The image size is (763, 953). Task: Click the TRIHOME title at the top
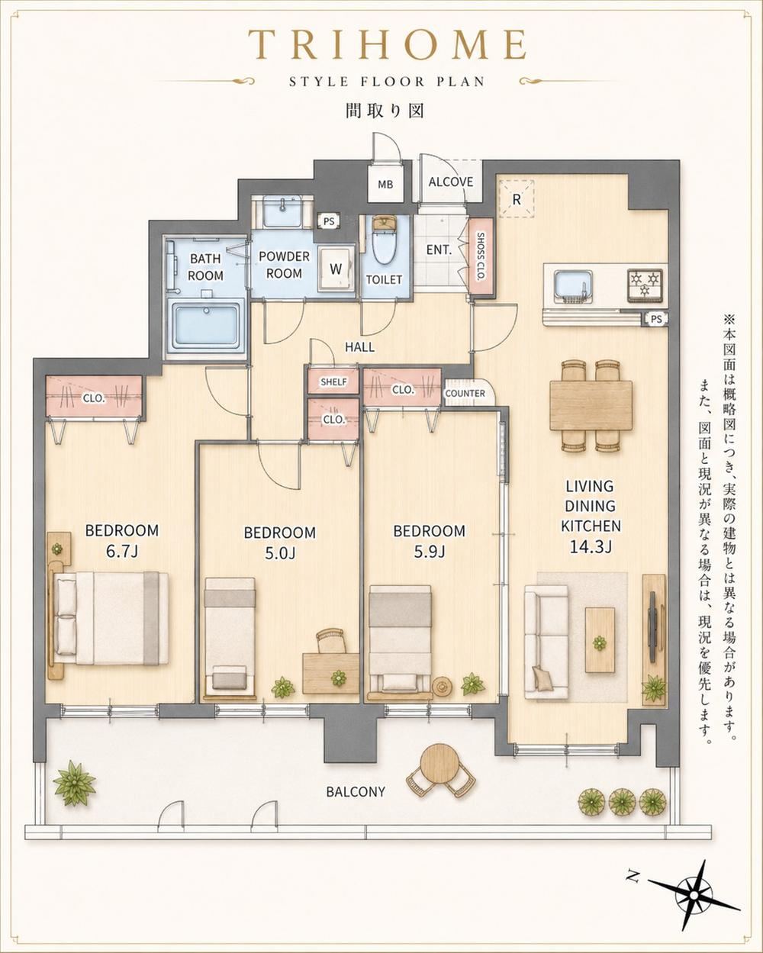(x=388, y=45)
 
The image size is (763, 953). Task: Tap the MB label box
(x=385, y=184)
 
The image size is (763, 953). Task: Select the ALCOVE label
(x=450, y=182)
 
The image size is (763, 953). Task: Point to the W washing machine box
(x=336, y=269)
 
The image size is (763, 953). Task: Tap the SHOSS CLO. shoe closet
(x=481, y=257)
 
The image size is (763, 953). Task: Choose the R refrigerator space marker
(x=516, y=199)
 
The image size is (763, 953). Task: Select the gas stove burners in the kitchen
(x=645, y=285)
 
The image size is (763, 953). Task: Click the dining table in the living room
(x=591, y=406)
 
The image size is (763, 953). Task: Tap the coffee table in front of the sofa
(x=600, y=640)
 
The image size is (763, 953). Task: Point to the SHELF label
(x=333, y=382)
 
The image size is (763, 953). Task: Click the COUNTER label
(x=465, y=393)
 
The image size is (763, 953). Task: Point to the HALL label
(x=359, y=347)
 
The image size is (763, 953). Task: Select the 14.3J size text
(x=591, y=547)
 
